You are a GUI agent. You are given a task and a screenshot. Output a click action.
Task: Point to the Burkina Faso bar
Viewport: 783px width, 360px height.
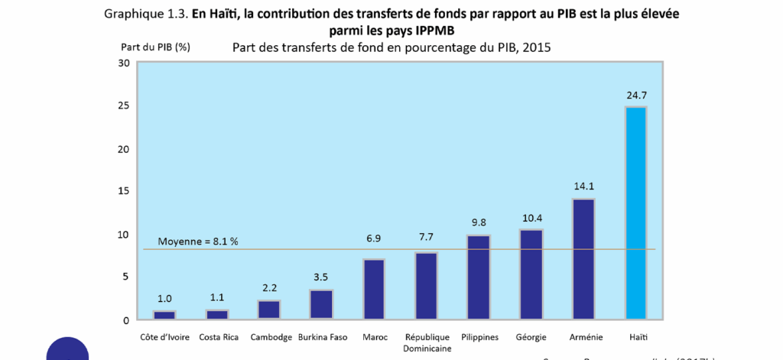pyautogui.click(x=321, y=303)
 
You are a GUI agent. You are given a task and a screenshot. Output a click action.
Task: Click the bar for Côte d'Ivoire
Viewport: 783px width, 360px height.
pyautogui.click(x=164, y=314)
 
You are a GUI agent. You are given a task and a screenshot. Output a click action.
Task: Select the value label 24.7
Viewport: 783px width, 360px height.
pyautogui.click(x=635, y=96)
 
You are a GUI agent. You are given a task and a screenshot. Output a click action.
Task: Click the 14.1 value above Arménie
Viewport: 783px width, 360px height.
pyautogui.click(x=583, y=186)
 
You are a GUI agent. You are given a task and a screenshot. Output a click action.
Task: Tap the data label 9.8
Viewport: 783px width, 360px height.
pyautogui.click(x=479, y=222)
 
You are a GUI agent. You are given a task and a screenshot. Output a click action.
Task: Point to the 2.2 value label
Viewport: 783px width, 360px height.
pyautogui.click(x=269, y=288)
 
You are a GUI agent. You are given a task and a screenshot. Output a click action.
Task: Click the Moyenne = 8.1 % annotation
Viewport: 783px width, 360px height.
pyautogui.click(x=198, y=242)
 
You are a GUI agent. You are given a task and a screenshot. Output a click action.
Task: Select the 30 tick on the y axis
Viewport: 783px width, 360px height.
pyautogui.click(x=124, y=63)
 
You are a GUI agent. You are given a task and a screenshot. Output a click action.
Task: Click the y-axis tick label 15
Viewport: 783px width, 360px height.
pyautogui.click(x=124, y=191)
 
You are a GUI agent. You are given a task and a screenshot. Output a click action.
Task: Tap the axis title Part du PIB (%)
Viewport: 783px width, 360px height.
pyautogui.click(x=155, y=47)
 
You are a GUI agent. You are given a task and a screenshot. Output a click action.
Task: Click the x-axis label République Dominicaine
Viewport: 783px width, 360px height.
pyautogui.click(x=427, y=342)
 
